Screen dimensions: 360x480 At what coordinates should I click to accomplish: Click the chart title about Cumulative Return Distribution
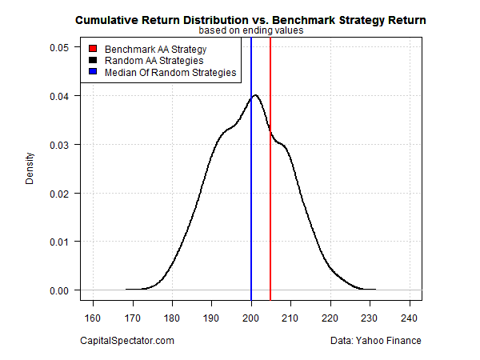click(x=250, y=19)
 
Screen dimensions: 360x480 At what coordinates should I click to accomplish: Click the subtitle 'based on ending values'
click(x=250, y=30)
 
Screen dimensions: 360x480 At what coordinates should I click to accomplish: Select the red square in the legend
click(x=93, y=50)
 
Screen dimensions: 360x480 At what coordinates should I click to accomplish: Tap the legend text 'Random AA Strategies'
click(x=148, y=61)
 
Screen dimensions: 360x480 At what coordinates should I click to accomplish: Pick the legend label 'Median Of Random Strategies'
click(x=164, y=73)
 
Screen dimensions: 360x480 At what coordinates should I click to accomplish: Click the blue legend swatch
click(x=93, y=73)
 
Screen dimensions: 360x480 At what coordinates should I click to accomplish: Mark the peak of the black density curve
click(x=255, y=95)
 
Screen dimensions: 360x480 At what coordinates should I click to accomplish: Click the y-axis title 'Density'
click(x=30, y=169)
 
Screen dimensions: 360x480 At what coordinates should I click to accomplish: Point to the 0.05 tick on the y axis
click(x=59, y=47)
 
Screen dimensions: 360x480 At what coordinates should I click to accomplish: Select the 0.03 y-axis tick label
click(x=59, y=145)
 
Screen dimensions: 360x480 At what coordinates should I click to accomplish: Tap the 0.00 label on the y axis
click(x=59, y=290)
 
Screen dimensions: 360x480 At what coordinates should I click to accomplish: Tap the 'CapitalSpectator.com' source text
click(x=127, y=341)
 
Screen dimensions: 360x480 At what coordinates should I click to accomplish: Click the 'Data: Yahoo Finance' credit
click(x=373, y=341)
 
